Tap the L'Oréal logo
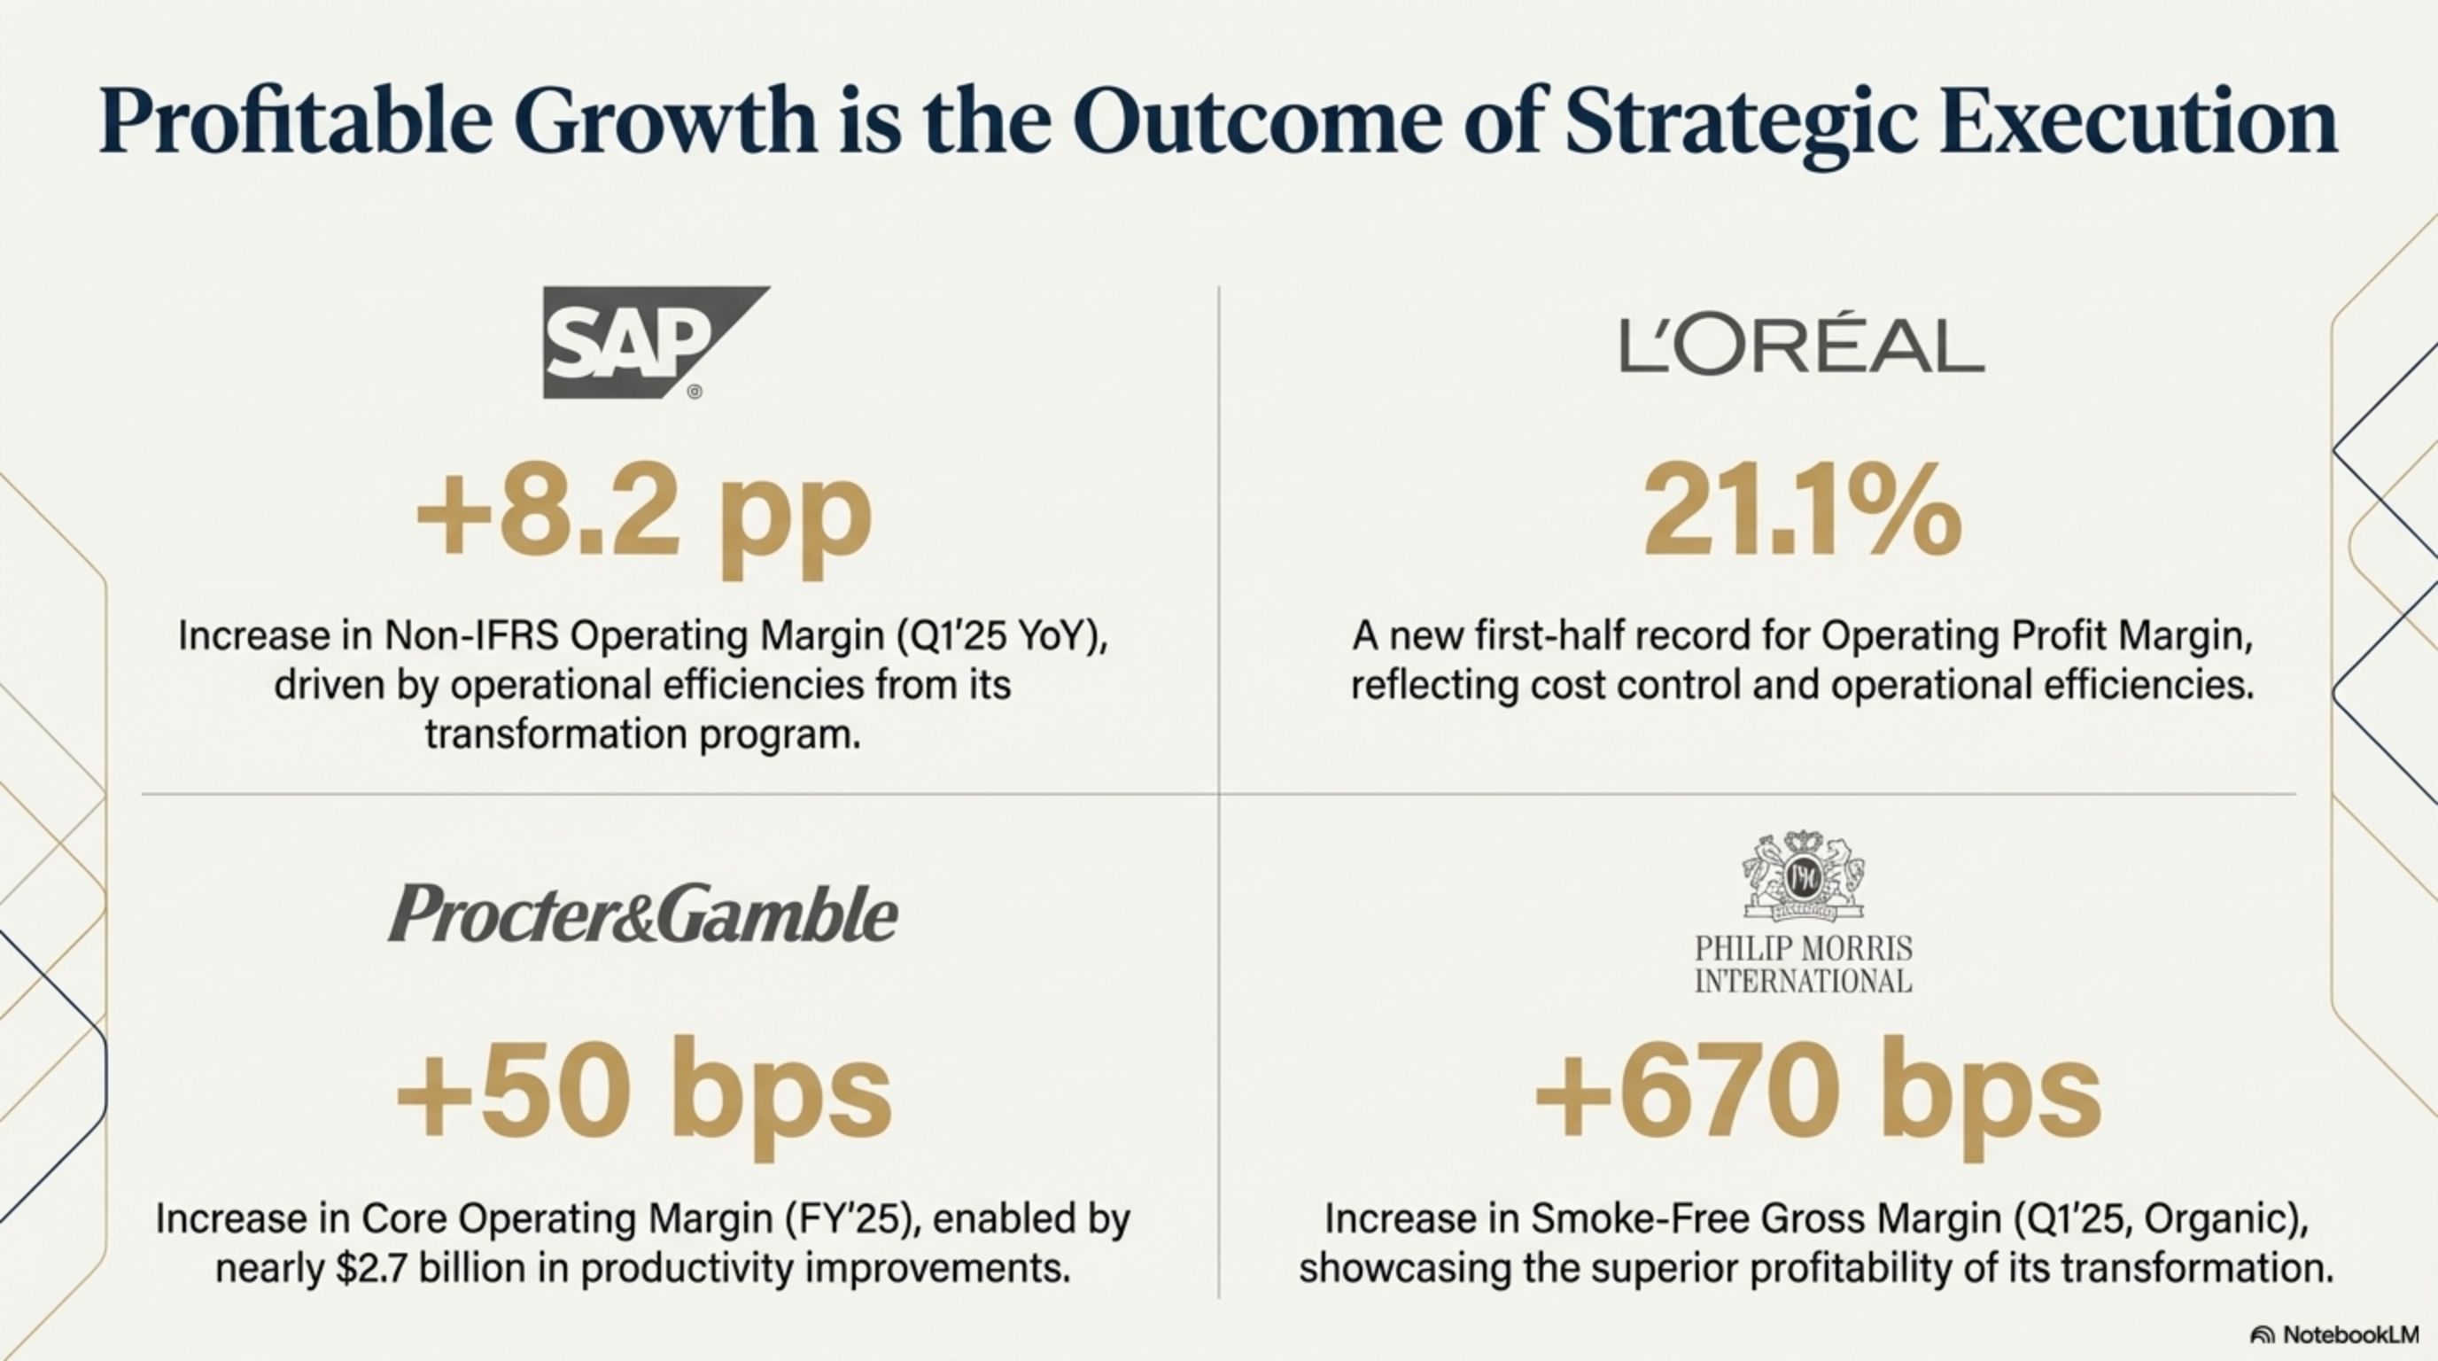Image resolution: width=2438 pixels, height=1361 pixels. click(x=1802, y=346)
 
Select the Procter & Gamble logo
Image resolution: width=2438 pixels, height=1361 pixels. click(x=642, y=914)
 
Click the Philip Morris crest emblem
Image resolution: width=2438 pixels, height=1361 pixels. click(x=1803, y=876)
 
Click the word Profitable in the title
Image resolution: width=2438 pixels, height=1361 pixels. click(x=296, y=123)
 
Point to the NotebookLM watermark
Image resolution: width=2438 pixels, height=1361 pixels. click(x=2345, y=1334)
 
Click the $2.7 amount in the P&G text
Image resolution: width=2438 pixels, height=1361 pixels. click(x=372, y=1268)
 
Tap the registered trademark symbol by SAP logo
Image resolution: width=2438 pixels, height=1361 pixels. click(x=695, y=392)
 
